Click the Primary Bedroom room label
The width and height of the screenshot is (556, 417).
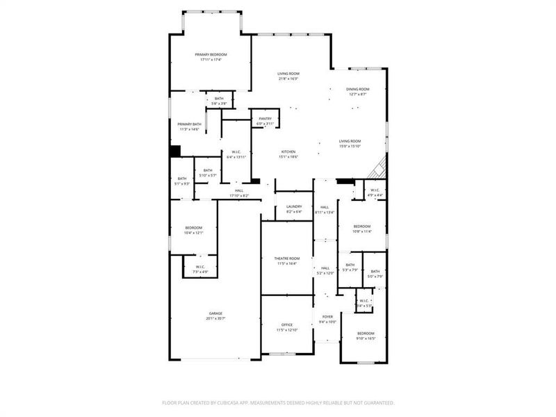pyautogui.click(x=211, y=54)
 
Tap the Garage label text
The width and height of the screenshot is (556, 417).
pyautogui.click(x=216, y=313)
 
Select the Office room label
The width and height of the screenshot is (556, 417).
pyautogui.click(x=287, y=325)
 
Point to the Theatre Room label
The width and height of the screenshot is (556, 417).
pyautogui.click(x=287, y=258)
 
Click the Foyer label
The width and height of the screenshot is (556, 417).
pyautogui.click(x=327, y=316)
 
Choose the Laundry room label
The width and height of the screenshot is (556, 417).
pyautogui.click(x=293, y=206)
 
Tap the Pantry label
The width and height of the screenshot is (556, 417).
pyautogui.click(x=265, y=119)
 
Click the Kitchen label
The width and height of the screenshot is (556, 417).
pyautogui.click(x=288, y=152)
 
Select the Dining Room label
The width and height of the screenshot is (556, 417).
pyautogui.click(x=358, y=89)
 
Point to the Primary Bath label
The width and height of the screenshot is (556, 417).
pyautogui.click(x=189, y=124)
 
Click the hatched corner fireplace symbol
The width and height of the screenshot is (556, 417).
pyautogui.click(x=379, y=169)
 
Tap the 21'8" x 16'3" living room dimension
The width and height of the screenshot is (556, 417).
pyautogui.click(x=288, y=79)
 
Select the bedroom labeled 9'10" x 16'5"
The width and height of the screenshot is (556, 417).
pyautogui.click(x=366, y=336)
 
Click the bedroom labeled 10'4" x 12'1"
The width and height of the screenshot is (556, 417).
pyautogui.click(x=193, y=231)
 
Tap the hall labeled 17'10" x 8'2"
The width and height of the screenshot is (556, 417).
pyautogui.click(x=239, y=193)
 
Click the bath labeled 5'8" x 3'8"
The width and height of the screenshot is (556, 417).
pyautogui.click(x=219, y=101)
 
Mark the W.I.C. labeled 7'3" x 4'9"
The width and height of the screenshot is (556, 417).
pyautogui.click(x=199, y=269)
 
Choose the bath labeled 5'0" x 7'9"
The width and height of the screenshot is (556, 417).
pyautogui.click(x=375, y=274)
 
